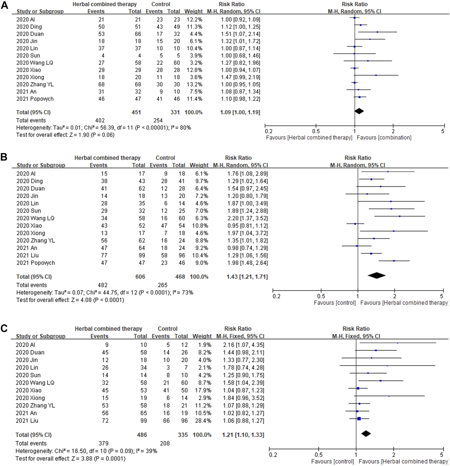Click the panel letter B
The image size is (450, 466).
4,157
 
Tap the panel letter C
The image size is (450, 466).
4,328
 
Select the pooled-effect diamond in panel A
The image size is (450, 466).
359,111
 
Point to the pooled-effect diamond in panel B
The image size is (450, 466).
377,275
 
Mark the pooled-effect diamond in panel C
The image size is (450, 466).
366,434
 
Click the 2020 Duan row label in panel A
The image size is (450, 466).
30,34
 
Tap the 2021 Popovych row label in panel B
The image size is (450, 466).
36,263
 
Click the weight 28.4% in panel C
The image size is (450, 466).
202,421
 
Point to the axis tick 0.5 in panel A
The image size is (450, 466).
316,131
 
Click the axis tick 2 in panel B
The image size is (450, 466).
394,296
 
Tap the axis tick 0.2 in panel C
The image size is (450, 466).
273,455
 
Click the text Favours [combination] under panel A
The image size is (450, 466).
384,137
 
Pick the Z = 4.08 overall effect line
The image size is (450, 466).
70,300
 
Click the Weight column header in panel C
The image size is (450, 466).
202,336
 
